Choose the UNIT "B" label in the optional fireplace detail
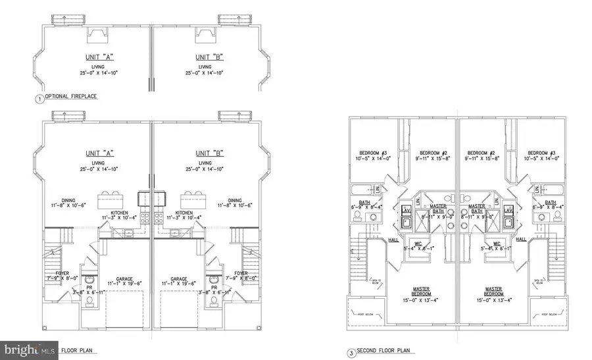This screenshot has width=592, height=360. tap(209, 57)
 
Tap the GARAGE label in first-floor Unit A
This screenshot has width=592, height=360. tap(123, 278)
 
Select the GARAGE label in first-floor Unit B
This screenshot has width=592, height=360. tap(180, 278)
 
